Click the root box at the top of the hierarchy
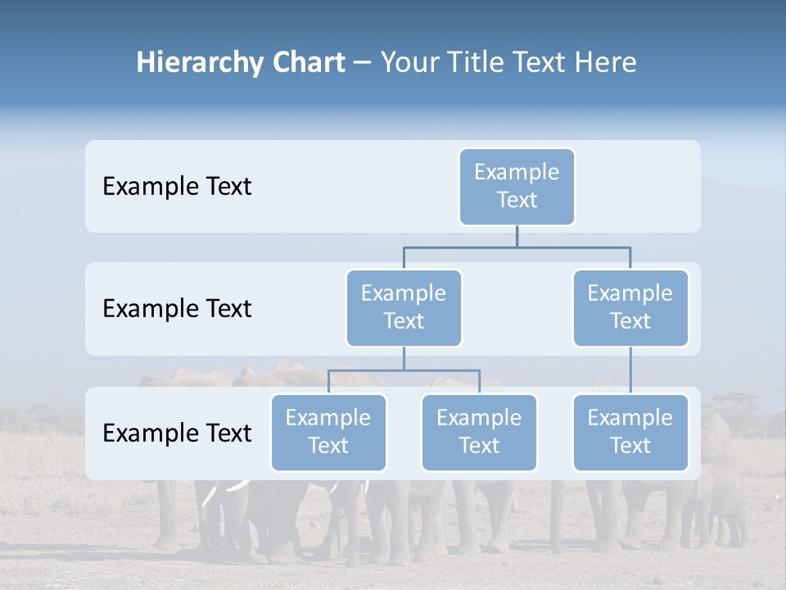517,186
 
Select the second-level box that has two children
404,307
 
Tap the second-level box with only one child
630,307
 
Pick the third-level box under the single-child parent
630,432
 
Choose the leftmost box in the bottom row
328,432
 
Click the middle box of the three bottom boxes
479,432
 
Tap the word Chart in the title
305,62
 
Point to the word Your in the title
409,62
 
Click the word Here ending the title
605,62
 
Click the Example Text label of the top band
177,186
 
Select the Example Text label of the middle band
177,308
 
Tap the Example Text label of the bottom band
177,433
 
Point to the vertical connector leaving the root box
517,236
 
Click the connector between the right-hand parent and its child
630,370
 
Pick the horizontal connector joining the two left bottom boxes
404,370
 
